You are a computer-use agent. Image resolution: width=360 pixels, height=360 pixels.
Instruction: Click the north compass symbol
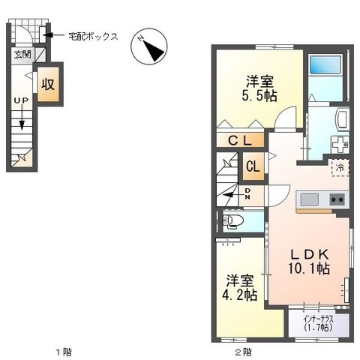point(149,46)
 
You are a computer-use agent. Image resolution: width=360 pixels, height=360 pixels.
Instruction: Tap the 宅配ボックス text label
point(93,37)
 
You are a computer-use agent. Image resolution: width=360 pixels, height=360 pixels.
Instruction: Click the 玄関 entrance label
point(22,55)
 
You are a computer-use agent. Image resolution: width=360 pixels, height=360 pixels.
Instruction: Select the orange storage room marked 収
point(48,84)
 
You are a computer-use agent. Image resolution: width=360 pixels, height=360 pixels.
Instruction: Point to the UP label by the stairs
point(21,100)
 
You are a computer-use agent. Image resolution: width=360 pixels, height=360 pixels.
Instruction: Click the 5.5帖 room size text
point(259,95)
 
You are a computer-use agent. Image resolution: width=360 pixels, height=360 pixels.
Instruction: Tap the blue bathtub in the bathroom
point(325,64)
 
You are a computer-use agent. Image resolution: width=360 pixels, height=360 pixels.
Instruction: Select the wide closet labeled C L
point(240,140)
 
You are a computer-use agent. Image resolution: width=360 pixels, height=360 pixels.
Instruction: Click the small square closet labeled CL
point(253,166)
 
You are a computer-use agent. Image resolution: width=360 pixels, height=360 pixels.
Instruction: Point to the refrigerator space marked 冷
point(340,168)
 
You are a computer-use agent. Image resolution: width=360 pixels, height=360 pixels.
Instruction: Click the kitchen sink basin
point(310,199)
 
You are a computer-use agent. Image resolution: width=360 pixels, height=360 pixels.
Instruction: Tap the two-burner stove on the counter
point(337,199)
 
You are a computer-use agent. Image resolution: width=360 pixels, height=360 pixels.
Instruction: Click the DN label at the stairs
point(247,193)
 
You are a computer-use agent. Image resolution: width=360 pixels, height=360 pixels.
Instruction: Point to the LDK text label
point(310,254)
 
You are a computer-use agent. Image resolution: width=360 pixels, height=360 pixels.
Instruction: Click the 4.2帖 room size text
point(239,295)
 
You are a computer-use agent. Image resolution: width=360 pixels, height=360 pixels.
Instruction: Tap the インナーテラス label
point(319,319)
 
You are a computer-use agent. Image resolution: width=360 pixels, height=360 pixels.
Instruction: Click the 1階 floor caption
point(64,352)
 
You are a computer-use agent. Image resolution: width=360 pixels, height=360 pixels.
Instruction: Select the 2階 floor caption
point(243,352)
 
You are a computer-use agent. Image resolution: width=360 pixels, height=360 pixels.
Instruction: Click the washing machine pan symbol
point(340,144)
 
